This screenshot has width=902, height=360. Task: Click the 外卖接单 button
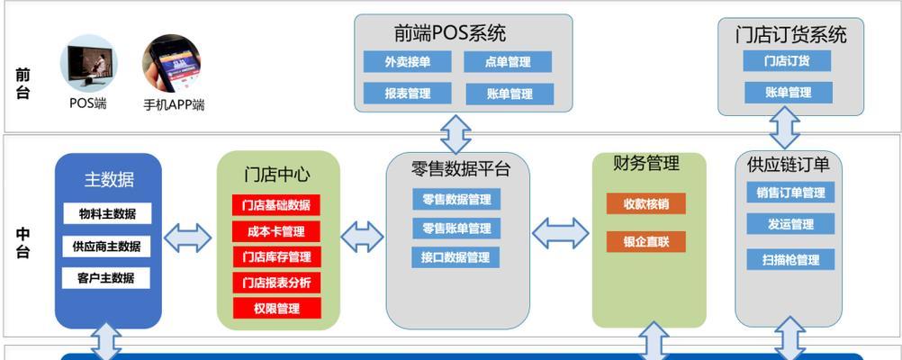click(407, 61)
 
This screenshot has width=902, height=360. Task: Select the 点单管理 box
click(508, 61)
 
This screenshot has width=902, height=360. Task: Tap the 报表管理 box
click(407, 94)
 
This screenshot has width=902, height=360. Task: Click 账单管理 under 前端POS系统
click(510, 94)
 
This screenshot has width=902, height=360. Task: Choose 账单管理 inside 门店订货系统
click(788, 92)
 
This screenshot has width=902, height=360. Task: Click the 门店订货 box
click(787, 61)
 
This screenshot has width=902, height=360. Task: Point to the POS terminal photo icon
click(88, 63)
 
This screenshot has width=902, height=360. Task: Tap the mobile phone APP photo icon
click(171, 63)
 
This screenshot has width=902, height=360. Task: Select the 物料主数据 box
click(107, 213)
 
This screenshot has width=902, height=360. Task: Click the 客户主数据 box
click(106, 278)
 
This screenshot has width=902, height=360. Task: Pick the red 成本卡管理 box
click(276, 231)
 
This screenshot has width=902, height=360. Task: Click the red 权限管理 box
click(277, 308)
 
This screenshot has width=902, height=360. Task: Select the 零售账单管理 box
click(456, 229)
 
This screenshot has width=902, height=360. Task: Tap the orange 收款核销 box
click(646, 203)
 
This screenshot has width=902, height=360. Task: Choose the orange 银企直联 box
click(646, 241)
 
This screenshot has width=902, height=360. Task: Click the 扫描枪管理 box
click(790, 259)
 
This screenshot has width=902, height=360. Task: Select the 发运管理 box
click(790, 224)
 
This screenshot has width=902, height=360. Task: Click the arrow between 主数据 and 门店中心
click(187, 238)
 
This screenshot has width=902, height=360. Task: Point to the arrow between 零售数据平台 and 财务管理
click(560, 233)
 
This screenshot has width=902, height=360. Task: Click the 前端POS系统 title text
click(450, 33)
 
